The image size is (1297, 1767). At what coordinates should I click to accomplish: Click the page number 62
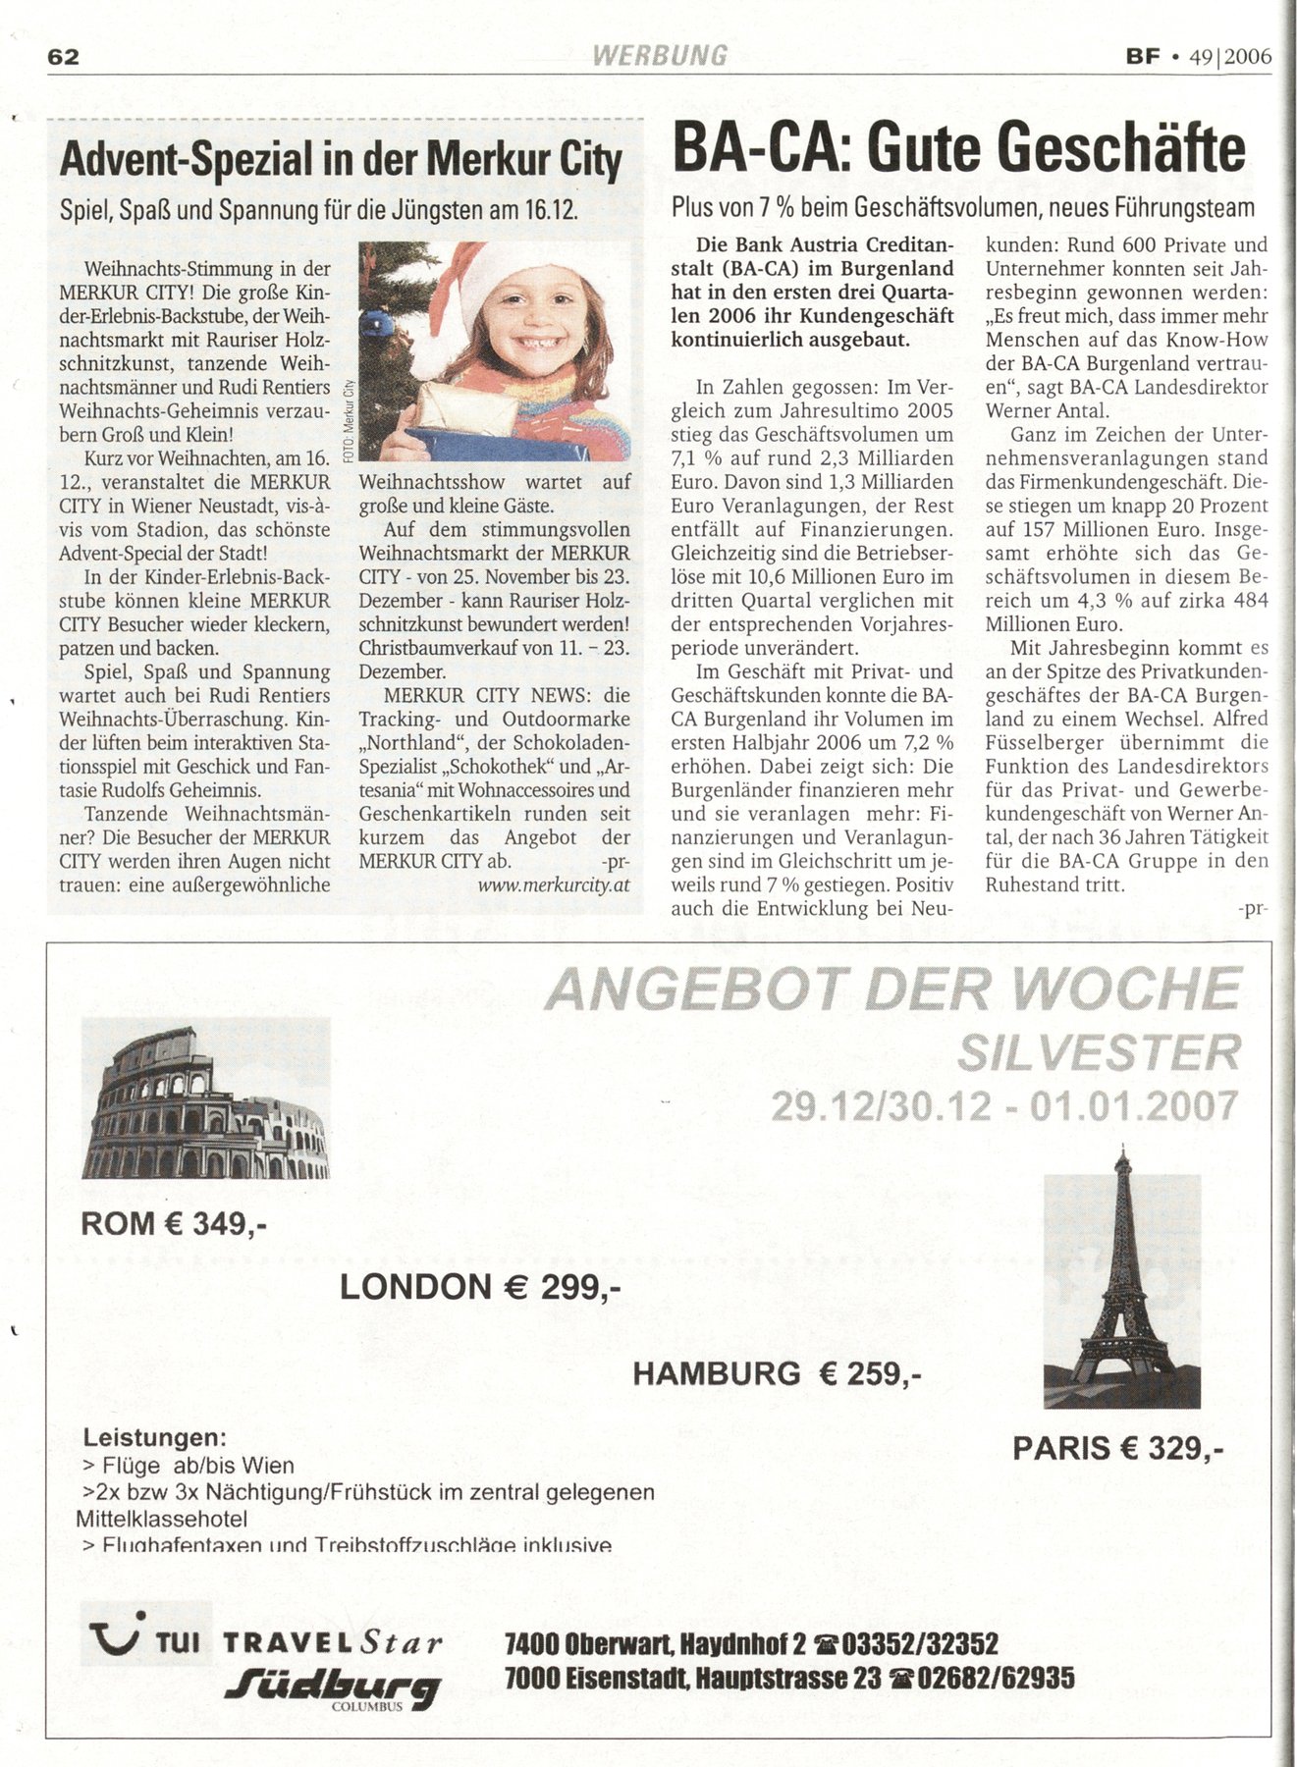(63, 57)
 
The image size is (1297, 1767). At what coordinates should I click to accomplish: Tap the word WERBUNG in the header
(660, 55)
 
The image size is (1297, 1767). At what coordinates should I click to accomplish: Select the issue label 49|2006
(1229, 56)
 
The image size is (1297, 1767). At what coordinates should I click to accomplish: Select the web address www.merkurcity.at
(554, 884)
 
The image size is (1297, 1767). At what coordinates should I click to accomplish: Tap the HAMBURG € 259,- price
(776, 1373)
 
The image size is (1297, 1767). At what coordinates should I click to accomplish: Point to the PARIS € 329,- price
(1117, 1448)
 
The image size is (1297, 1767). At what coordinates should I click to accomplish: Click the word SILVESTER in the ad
(1098, 1054)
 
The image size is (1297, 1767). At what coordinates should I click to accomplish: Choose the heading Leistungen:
(155, 1438)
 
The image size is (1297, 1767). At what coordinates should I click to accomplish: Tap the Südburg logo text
(330, 1687)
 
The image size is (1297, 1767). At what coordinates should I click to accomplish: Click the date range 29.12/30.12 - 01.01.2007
(1003, 1106)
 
